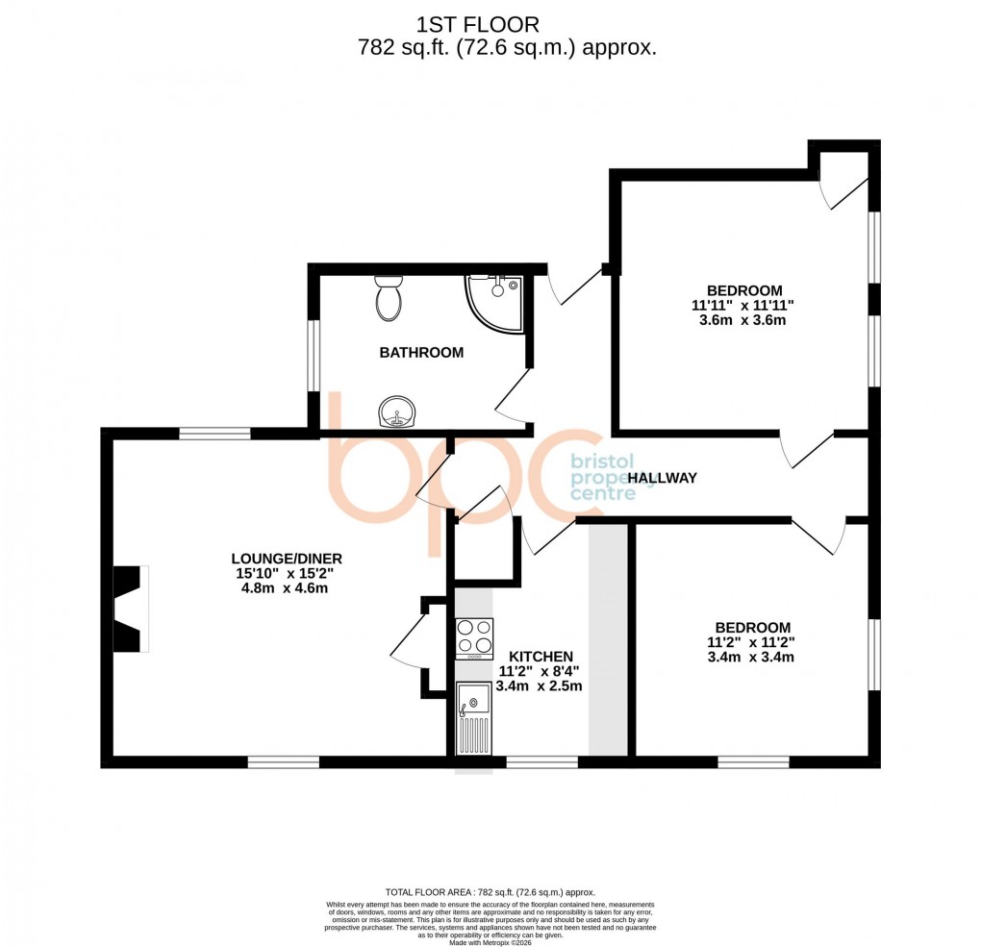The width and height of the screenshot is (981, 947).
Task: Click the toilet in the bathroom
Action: [389, 299]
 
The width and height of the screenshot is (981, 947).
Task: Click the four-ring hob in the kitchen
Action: [473, 636]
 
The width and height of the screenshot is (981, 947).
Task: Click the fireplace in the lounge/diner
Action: [130, 609]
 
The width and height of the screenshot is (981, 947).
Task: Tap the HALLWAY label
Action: [662, 478]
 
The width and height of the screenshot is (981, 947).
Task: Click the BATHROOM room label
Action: [421, 353]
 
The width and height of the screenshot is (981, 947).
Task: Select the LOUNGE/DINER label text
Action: [287, 558]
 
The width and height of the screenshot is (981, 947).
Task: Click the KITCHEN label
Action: [541, 656]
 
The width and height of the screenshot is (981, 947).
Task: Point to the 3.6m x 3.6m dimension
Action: [743, 320]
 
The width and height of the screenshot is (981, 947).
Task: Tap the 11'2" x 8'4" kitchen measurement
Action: [539, 671]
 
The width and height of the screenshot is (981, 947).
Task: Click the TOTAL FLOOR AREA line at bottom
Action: [490, 891]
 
